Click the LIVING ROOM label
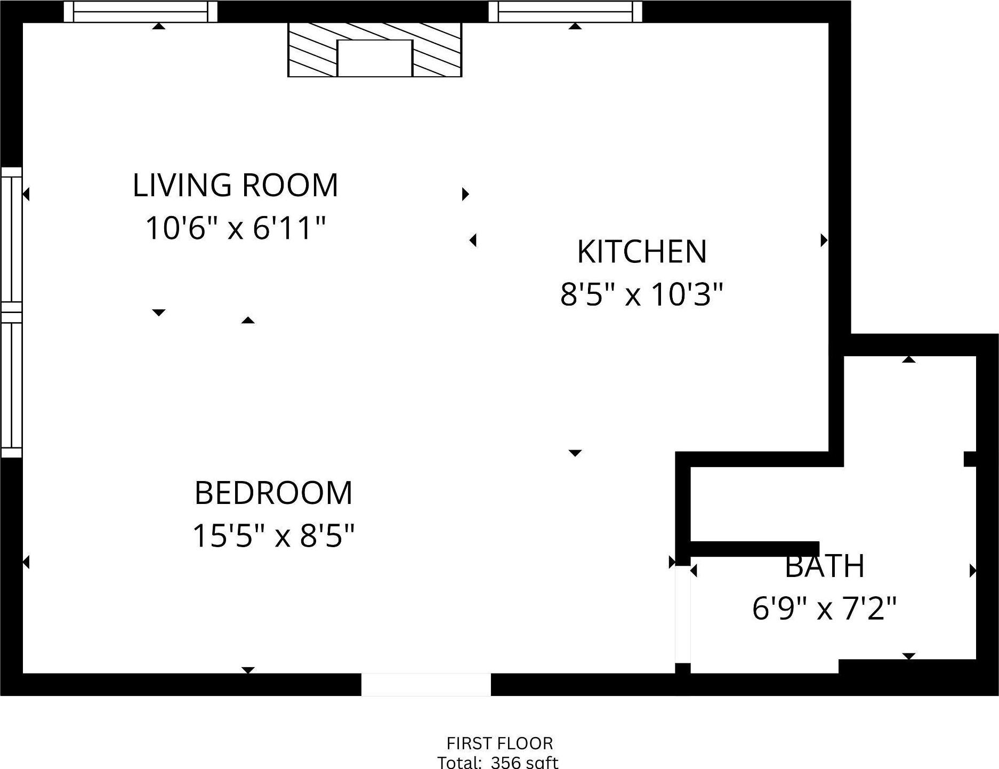(235, 186)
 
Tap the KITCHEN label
(642, 252)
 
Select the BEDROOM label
(273, 493)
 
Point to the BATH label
(824, 566)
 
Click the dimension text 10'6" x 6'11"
(235, 228)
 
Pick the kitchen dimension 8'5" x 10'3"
(642, 294)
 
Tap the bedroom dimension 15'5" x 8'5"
(273, 535)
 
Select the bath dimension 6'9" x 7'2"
(824, 608)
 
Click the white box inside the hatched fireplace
(375, 58)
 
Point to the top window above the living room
(140, 12)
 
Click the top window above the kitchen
(565, 12)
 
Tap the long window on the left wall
(11, 312)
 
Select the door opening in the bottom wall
(426, 684)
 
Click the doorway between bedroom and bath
(683, 613)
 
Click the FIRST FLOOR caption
(499, 743)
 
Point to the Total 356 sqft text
(498, 762)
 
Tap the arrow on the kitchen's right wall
(824, 240)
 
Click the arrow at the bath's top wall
(908, 359)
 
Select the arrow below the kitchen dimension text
(575, 453)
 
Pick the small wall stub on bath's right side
(970, 459)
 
